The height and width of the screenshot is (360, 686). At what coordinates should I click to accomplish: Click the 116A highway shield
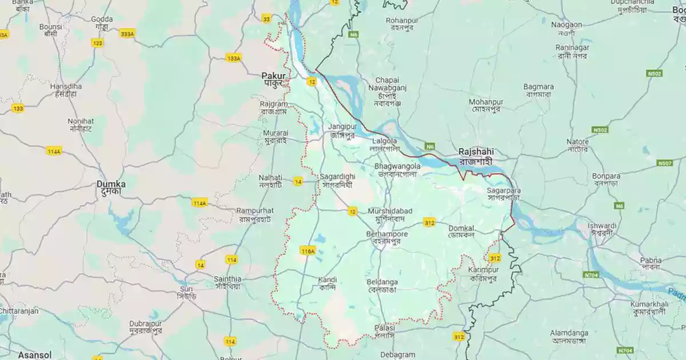pyautogui.click(x=308, y=251)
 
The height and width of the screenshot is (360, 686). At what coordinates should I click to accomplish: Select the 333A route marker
pyautogui.click(x=127, y=34)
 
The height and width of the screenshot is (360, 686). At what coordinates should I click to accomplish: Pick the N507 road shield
pyautogui.click(x=665, y=163)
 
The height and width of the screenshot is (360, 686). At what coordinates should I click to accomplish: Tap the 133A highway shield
pyautogui.click(x=233, y=58)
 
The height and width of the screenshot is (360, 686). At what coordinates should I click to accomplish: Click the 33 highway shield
pyautogui.click(x=266, y=19)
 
